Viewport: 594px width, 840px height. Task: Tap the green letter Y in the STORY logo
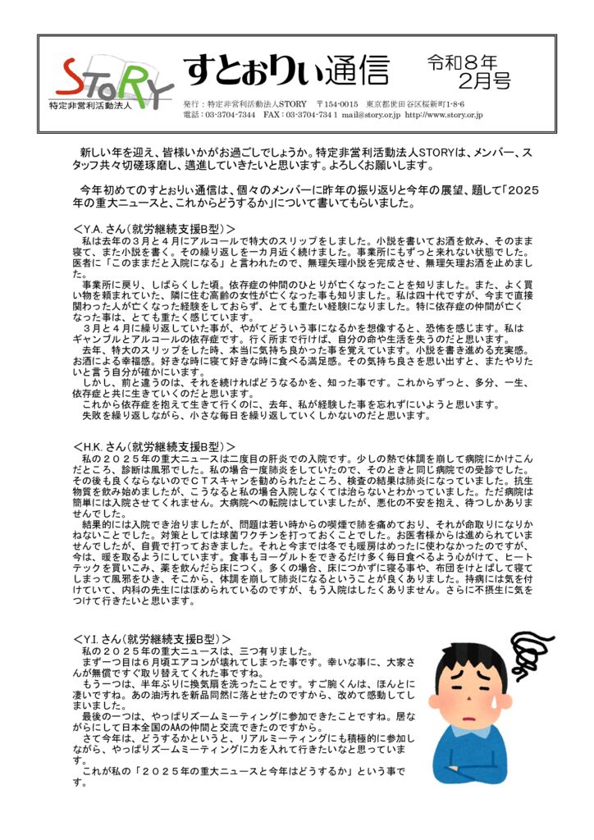155,83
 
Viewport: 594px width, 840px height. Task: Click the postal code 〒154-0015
336,104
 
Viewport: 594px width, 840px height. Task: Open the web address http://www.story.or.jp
444,116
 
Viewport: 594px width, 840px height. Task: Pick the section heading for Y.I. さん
152,637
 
